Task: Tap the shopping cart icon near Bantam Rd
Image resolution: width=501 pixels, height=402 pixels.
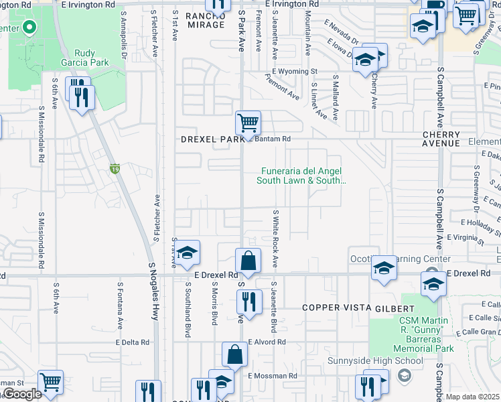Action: point(248,123)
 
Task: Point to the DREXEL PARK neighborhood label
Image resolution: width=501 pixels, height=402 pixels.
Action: point(213,139)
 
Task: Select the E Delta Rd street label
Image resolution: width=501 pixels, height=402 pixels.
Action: point(132,342)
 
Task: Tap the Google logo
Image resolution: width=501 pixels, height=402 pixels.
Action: point(22,393)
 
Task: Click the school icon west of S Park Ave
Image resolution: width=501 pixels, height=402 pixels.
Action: point(188,253)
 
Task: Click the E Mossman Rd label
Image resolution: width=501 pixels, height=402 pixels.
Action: point(273,377)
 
